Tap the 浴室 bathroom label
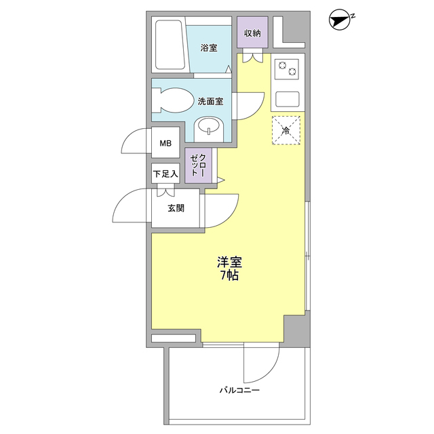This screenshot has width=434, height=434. [x=209, y=48]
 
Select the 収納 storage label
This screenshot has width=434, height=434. [x=252, y=33]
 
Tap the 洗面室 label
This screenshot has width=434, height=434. [x=210, y=101]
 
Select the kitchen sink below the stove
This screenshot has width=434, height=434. [x=288, y=99]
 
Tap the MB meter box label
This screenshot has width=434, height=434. [x=165, y=143]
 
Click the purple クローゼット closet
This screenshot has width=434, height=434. [x=199, y=166]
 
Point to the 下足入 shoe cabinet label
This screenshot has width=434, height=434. [x=165, y=174]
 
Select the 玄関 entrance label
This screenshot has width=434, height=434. [x=176, y=208]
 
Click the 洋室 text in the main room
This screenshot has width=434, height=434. [x=230, y=262]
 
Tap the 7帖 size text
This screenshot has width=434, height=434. [x=229, y=276]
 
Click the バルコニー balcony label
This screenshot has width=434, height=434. [x=239, y=391]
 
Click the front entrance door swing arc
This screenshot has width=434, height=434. [x=127, y=208]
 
